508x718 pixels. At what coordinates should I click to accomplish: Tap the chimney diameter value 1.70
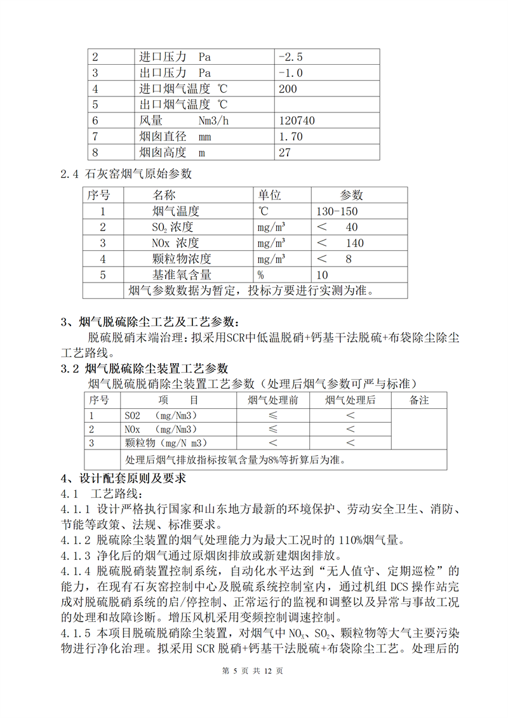click(x=291, y=136)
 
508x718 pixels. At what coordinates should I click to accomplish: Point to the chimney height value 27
click(x=284, y=152)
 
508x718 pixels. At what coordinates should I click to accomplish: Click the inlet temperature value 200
click(x=288, y=89)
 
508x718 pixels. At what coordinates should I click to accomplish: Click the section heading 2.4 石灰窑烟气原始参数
click(x=126, y=173)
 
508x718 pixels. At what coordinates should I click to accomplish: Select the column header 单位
click(x=269, y=195)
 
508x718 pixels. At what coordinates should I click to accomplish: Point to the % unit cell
click(x=260, y=275)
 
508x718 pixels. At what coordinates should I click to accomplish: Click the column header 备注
click(x=419, y=401)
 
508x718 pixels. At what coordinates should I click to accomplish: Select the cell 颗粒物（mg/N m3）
click(x=167, y=442)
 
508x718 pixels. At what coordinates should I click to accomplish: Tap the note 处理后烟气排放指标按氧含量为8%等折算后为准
click(x=240, y=460)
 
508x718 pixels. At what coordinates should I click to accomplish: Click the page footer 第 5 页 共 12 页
click(x=253, y=688)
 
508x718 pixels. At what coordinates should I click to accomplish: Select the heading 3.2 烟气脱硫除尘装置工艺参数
click(x=144, y=369)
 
